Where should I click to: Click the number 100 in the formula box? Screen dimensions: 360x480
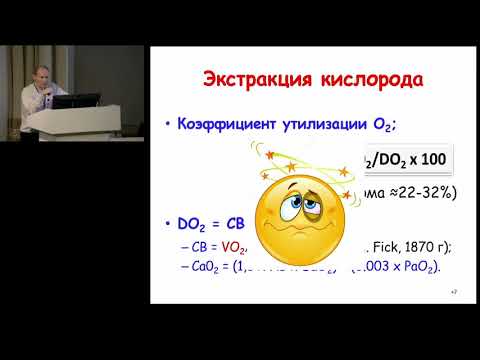coord(425,159)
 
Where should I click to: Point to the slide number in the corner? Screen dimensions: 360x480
coord(453,291)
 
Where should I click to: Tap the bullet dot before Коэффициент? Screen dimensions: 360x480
coord(164,126)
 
